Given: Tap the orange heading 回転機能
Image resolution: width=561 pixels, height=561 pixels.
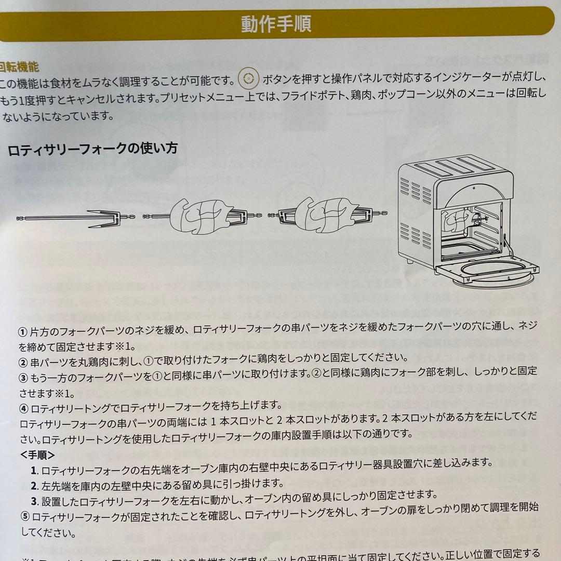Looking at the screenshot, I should click(x=20, y=67).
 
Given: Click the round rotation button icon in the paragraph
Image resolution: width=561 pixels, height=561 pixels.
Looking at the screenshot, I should click(x=248, y=79).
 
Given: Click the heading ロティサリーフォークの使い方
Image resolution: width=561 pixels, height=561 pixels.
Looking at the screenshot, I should click(x=92, y=149).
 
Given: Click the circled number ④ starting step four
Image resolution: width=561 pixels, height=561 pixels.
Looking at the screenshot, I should click(x=25, y=405).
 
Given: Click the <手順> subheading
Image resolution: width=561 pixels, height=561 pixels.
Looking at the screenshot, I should click(x=38, y=455).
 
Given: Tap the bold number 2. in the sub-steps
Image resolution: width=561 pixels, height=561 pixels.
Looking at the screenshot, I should click(x=35, y=485).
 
